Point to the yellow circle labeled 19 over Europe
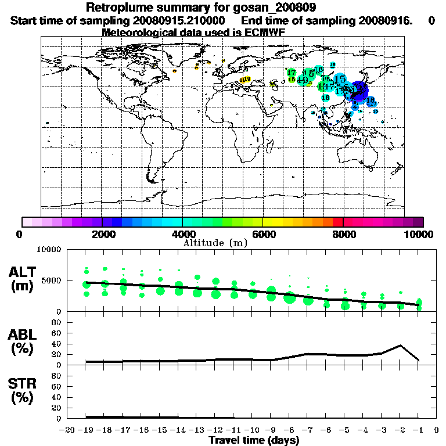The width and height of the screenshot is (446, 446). [x=247, y=79]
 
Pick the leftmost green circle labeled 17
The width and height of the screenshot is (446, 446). [x=292, y=73]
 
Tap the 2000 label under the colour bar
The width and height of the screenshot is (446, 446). [x=102, y=234]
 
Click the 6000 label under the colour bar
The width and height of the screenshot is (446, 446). [x=263, y=234]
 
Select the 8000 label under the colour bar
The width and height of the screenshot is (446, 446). [x=344, y=234]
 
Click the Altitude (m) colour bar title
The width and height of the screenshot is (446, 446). [x=215, y=243]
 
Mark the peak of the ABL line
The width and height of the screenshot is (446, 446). [x=401, y=346]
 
